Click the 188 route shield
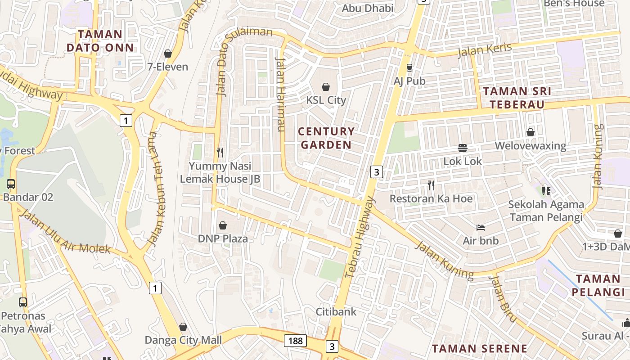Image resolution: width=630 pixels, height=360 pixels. (295, 341)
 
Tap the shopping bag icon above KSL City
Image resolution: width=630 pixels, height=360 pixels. (326, 87)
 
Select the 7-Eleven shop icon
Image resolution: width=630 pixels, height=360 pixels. (168, 54)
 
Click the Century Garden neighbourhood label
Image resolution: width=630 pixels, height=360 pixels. (327, 138)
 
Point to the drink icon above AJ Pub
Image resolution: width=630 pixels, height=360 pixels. (409, 68)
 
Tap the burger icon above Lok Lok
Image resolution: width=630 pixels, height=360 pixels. (462, 148)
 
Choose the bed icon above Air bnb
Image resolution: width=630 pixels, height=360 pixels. (481, 228)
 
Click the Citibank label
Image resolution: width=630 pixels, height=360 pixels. (336, 311)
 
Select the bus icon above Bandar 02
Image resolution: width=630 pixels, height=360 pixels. (11, 184)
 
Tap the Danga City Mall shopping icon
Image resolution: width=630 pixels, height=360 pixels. (183, 327)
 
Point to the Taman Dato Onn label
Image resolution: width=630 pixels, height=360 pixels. (100, 41)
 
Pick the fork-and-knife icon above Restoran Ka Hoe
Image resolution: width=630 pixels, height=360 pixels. (431, 185)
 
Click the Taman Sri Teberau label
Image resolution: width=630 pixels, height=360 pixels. (517, 98)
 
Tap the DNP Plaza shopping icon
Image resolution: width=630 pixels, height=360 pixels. (222, 225)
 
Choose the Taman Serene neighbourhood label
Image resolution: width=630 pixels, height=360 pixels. (480, 348)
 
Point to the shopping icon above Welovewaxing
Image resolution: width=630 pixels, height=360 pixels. (531, 132)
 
